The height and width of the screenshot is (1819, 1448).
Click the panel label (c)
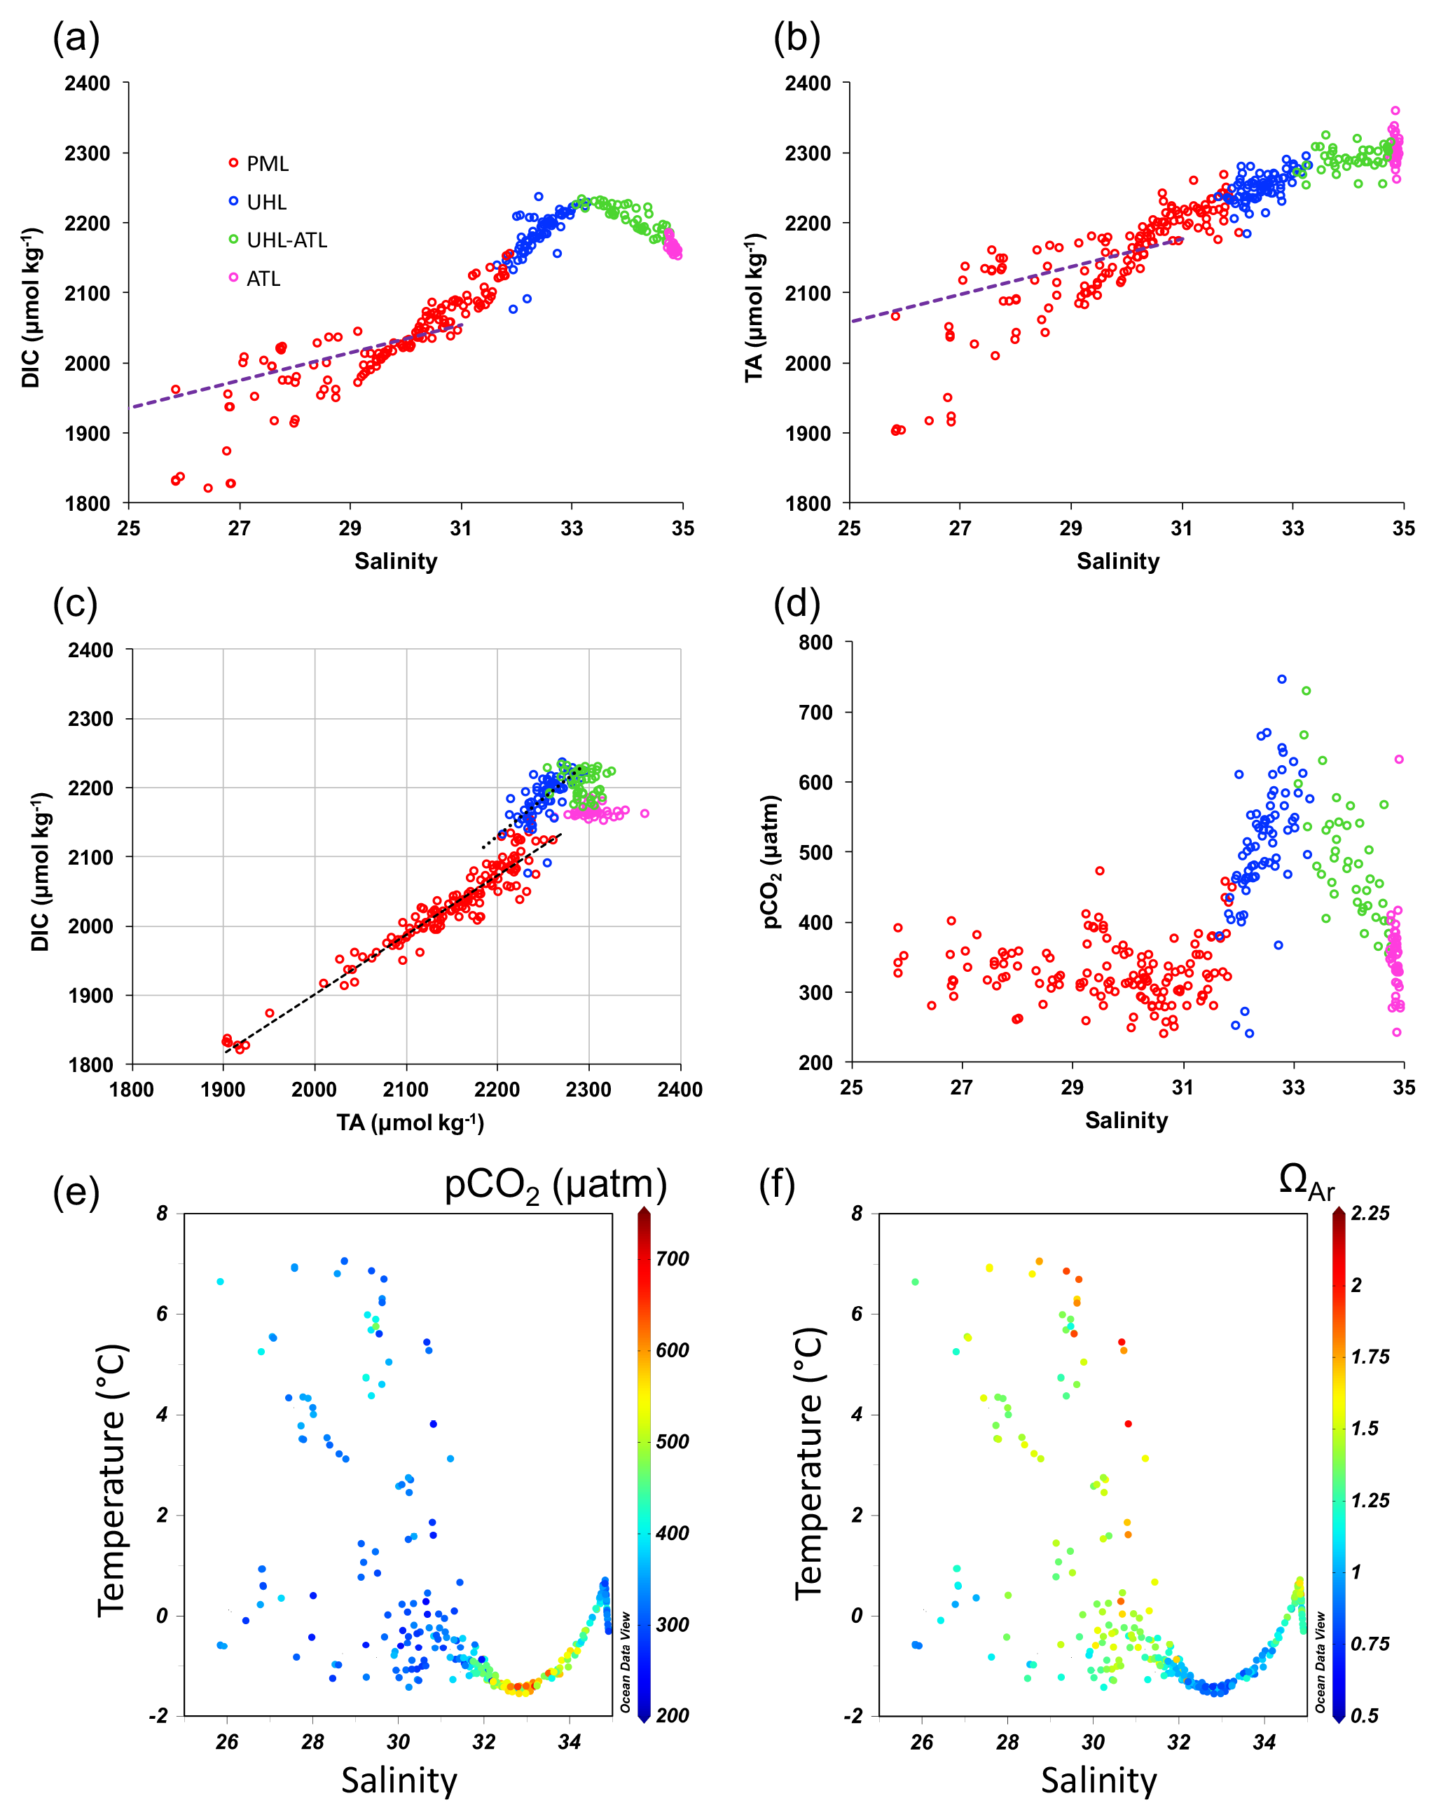tap(75, 604)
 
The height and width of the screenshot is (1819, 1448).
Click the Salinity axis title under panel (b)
tap(1117, 561)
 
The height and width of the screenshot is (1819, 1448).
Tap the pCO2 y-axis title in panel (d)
tap(773, 861)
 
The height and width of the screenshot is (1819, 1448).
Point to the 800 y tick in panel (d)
tap(815, 643)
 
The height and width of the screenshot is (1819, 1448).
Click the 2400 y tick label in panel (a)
tap(88, 83)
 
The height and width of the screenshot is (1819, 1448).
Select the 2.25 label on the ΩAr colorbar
tap(1370, 1213)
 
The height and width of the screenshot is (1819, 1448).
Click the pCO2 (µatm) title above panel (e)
tap(555, 1185)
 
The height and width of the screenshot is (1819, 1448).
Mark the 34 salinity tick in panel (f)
tap(1264, 1741)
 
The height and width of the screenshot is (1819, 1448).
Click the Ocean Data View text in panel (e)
tap(626, 1662)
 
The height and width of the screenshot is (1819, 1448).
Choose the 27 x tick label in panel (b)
tap(960, 528)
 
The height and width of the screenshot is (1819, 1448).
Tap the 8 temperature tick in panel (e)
tap(162, 1213)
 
